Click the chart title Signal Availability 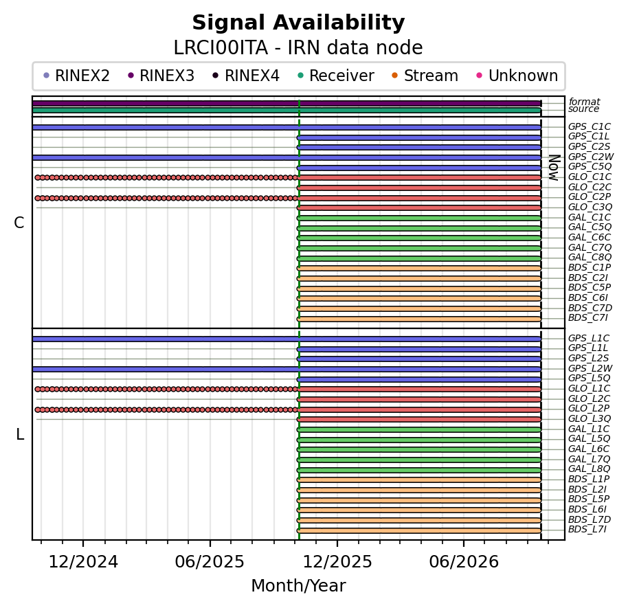[x=298, y=23]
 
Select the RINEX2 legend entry [x=76, y=76]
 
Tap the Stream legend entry [x=425, y=76]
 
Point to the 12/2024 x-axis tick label [x=83, y=562]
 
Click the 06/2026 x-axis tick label [x=464, y=562]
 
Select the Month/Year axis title [x=298, y=585]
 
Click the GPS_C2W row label [x=591, y=157]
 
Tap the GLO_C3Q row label [x=590, y=207]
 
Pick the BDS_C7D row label [x=590, y=308]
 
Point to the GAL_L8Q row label [x=589, y=469]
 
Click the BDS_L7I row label [x=587, y=530]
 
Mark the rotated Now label [x=554, y=168]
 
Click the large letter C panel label [x=19, y=223]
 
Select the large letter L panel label [x=20, y=434]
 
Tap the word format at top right [x=584, y=102]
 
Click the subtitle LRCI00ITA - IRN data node [x=298, y=47]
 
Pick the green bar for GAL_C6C [x=419, y=238]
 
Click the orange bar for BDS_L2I [x=419, y=490]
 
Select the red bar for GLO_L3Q [x=419, y=419]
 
